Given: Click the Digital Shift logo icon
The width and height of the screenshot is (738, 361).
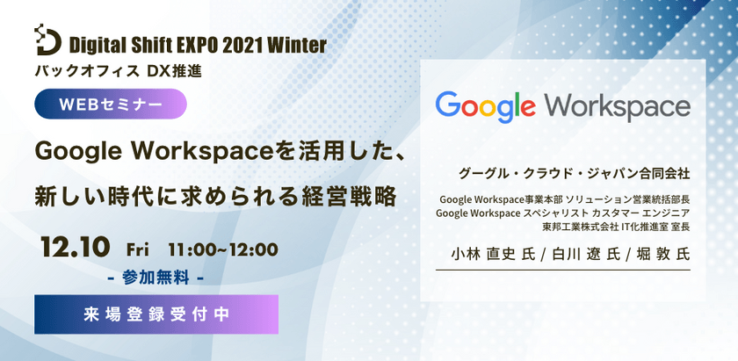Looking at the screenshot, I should coord(47,40).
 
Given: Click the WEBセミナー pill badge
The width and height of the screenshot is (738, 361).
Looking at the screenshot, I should coord(111,104).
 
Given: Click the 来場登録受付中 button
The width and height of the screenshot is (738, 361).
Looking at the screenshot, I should coord(156,314).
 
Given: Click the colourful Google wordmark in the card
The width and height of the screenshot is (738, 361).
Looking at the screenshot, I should coord(486,107).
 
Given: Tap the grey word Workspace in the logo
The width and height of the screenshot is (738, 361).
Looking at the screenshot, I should coord(617,106).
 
